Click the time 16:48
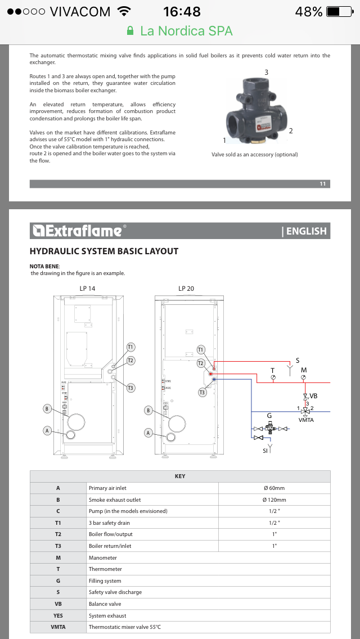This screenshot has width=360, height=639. click(x=182, y=12)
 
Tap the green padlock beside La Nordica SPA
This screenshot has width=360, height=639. click(x=130, y=31)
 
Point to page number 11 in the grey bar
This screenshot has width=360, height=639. click(x=322, y=184)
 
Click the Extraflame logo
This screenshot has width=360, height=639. click(x=76, y=231)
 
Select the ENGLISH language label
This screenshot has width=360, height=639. click(x=304, y=231)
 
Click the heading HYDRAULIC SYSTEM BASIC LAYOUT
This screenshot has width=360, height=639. click(x=104, y=251)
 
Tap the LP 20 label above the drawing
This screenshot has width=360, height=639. click(x=186, y=289)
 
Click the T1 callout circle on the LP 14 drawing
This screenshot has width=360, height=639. click(x=130, y=347)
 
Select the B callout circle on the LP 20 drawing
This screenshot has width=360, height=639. click(x=148, y=411)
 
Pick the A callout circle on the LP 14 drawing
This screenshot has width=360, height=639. click(x=48, y=430)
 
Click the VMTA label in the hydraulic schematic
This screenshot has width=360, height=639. click(x=307, y=420)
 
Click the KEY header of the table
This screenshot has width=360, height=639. click(x=180, y=476)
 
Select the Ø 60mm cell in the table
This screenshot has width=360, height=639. click(x=274, y=488)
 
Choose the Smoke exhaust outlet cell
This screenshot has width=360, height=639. click(x=115, y=499)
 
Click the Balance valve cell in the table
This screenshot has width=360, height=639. click(x=105, y=604)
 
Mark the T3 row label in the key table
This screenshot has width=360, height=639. click(x=58, y=546)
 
